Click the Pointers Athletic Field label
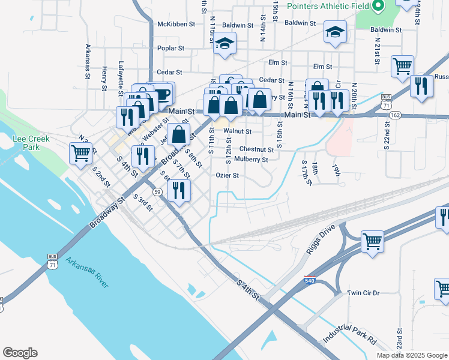328,6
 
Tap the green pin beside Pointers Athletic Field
378,7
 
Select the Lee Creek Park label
31,142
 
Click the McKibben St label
176,25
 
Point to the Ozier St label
228,176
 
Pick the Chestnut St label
256,149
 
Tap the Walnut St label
237,130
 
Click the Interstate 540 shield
309,280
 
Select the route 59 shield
157,191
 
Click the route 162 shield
394,115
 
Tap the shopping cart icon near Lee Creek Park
80,152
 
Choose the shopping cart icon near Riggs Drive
373,241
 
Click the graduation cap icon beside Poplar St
225,43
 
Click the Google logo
20,353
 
